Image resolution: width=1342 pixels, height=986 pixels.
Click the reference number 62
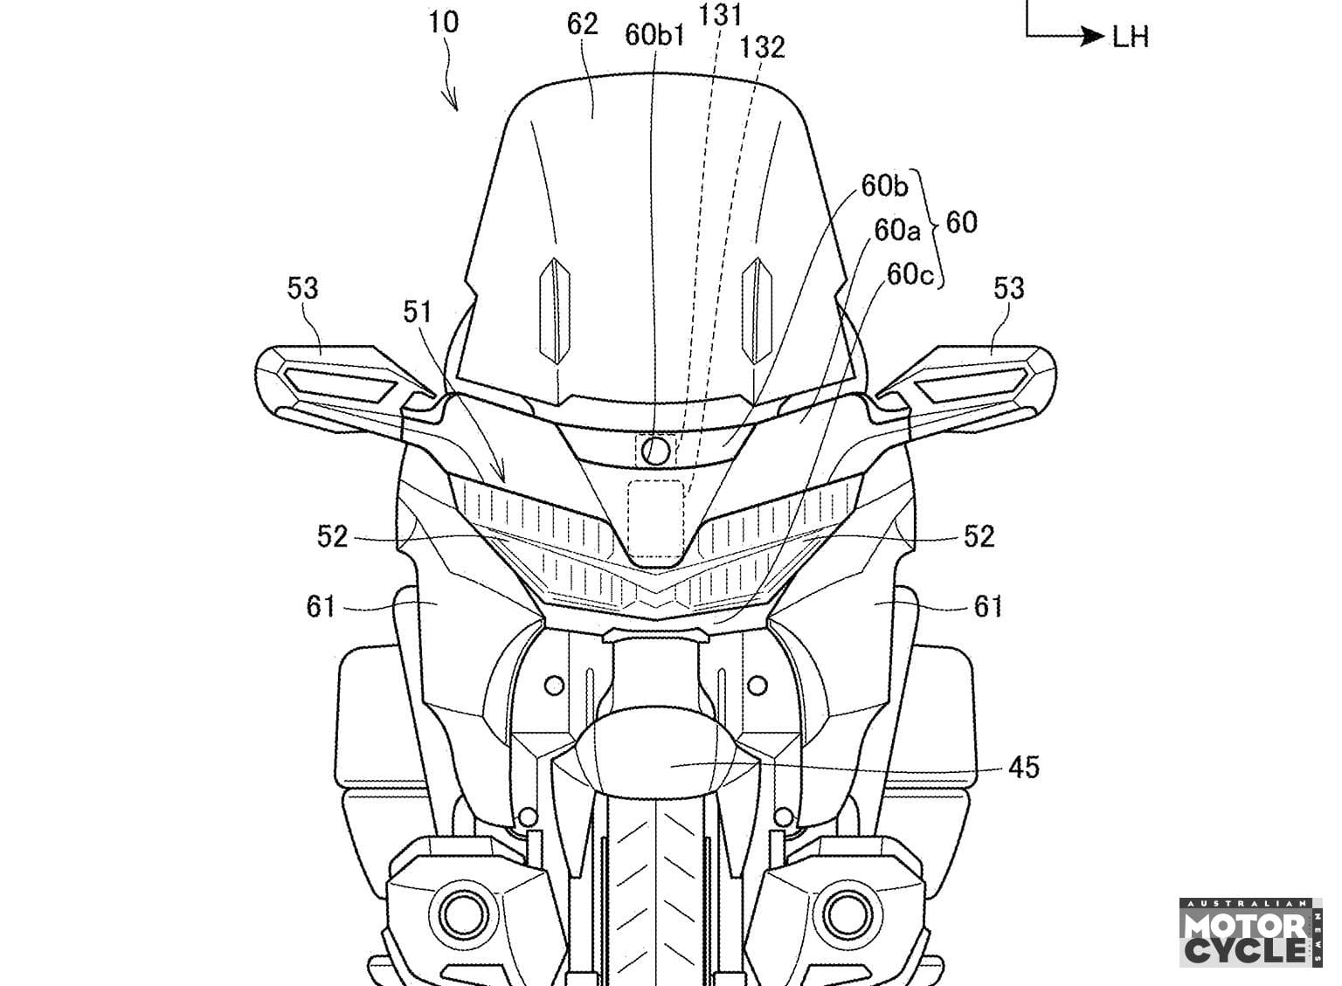582,24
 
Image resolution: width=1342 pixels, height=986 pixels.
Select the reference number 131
722,14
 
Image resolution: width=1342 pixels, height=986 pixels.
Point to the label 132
762,46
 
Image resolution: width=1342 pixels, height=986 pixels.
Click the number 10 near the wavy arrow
443,22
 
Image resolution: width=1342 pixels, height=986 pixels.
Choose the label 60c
910,274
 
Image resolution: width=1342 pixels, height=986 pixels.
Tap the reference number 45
1023,768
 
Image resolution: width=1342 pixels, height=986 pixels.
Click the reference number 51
419,311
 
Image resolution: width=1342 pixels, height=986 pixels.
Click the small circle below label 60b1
655,450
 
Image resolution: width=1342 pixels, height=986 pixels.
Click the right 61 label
988,605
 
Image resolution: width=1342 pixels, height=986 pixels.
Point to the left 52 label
332,536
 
